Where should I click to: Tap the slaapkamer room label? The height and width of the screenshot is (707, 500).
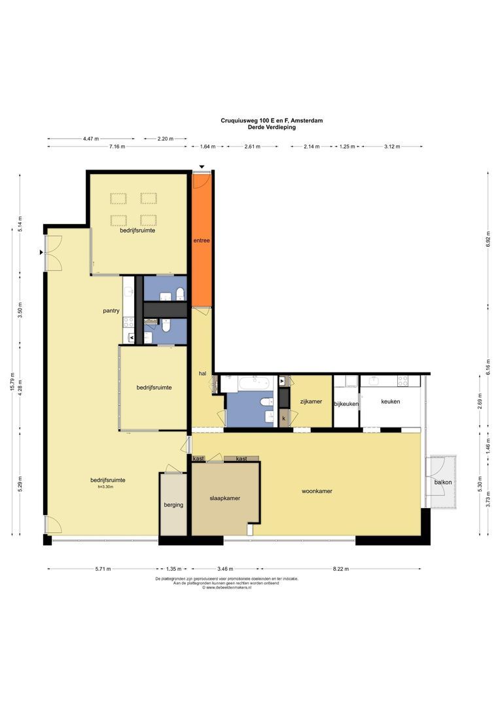click(224, 498)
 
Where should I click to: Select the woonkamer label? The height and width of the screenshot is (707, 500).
click(317, 491)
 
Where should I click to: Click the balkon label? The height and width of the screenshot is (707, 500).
click(443, 482)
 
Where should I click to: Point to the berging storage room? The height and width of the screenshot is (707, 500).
click(173, 505)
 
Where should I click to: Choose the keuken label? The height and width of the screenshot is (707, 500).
click(391, 401)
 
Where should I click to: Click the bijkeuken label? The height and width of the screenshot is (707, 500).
click(346, 404)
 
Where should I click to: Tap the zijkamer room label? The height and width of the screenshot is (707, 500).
click(311, 401)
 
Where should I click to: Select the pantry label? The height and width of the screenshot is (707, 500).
click(111, 311)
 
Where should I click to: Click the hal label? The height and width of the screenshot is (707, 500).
click(202, 373)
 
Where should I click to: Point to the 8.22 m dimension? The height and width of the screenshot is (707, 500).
click(341, 569)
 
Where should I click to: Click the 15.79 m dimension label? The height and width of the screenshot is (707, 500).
click(12, 382)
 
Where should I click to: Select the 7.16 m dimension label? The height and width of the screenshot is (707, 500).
click(116, 147)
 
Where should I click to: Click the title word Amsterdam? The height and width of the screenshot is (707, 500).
click(307, 120)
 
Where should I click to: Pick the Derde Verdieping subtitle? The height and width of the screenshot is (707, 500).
click(272, 127)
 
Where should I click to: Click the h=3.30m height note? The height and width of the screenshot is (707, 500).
click(105, 487)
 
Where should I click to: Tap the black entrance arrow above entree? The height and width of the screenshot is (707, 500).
click(202, 168)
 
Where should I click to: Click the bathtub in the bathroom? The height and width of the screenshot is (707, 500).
click(255, 384)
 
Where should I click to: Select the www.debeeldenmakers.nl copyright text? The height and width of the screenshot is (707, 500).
click(226, 587)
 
